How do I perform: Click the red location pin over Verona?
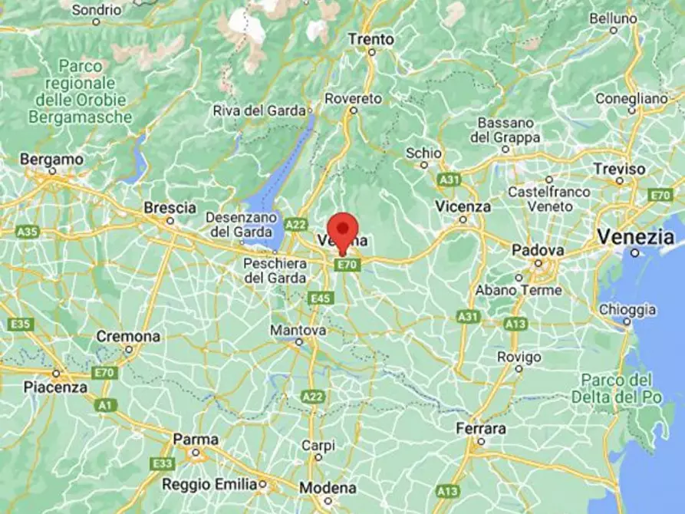[x=342, y=229]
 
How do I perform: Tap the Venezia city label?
[x=636, y=236]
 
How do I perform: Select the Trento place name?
[x=371, y=39]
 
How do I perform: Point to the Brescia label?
[x=170, y=208]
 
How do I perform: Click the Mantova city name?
[x=298, y=330]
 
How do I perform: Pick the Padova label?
[x=538, y=251]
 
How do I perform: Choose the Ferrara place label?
[x=480, y=428]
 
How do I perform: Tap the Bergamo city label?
[x=51, y=159]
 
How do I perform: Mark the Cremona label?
[x=128, y=337]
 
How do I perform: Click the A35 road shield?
[x=27, y=231]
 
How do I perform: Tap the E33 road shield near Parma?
[x=163, y=463]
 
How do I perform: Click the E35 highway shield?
[x=21, y=325]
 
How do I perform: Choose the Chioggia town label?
[x=628, y=310]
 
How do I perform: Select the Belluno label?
[x=613, y=18]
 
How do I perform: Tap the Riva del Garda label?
[x=259, y=110]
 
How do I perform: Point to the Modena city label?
[x=328, y=488]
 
